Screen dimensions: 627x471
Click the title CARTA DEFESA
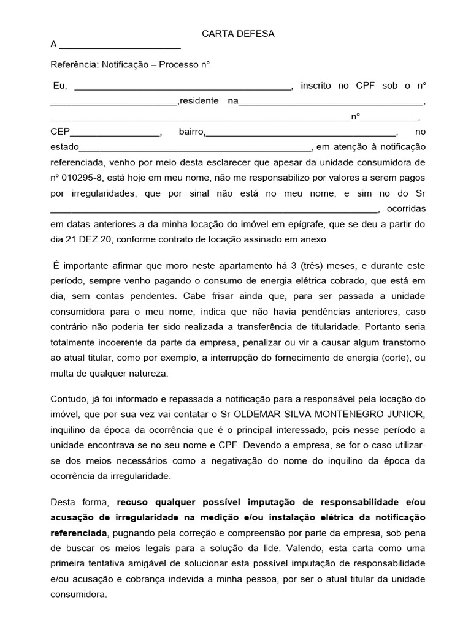238,34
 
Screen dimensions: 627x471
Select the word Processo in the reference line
178,64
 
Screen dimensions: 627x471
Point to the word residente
199,101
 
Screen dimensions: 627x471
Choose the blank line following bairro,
301,132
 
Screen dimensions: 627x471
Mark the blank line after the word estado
196,148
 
